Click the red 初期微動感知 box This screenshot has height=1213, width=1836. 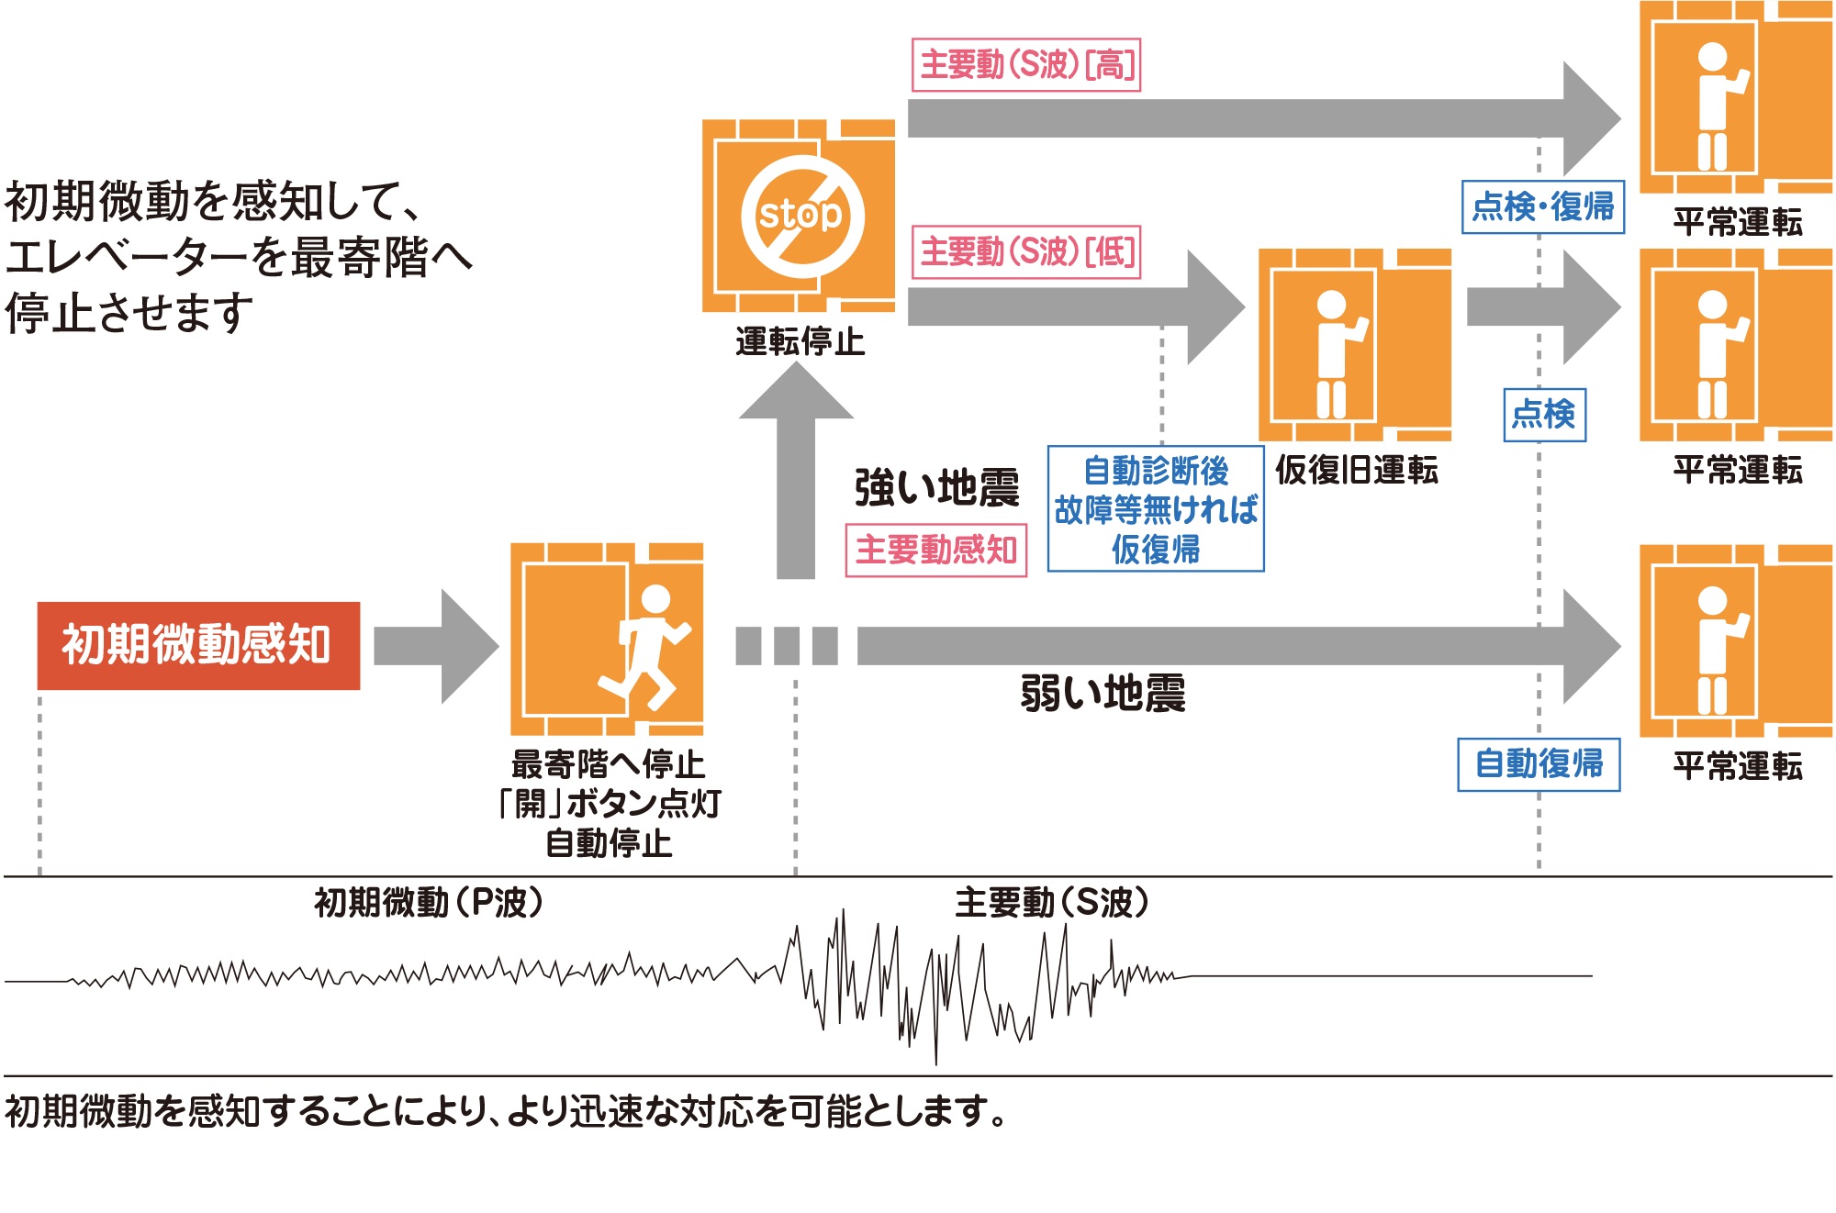pyautogui.click(x=198, y=645)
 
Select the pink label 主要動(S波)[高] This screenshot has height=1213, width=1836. pyautogui.click(x=1026, y=65)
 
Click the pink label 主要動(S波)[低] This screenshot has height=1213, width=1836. pyautogui.click(x=1026, y=251)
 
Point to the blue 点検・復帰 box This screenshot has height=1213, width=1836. pyautogui.click(x=1542, y=207)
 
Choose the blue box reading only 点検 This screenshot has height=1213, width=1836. pyautogui.click(x=1544, y=415)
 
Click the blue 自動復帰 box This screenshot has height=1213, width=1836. pyautogui.click(x=1539, y=764)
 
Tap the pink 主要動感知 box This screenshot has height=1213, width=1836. pyautogui.click(x=935, y=551)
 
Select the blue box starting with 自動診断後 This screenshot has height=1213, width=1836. pyautogui.click(x=1156, y=509)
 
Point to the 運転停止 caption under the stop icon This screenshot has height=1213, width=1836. pyautogui.click(x=800, y=342)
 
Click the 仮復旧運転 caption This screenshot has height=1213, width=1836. pyautogui.click(x=1356, y=470)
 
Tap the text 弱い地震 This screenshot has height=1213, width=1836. pyautogui.click(x=1103, y=694)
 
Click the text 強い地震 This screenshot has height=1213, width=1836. pyautogui.click(x=936, y=487)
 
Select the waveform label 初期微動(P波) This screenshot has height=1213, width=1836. pyautogui.click(x=429, y=903)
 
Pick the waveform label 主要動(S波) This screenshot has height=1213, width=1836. pyautogui.click(x=1052, y=903)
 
